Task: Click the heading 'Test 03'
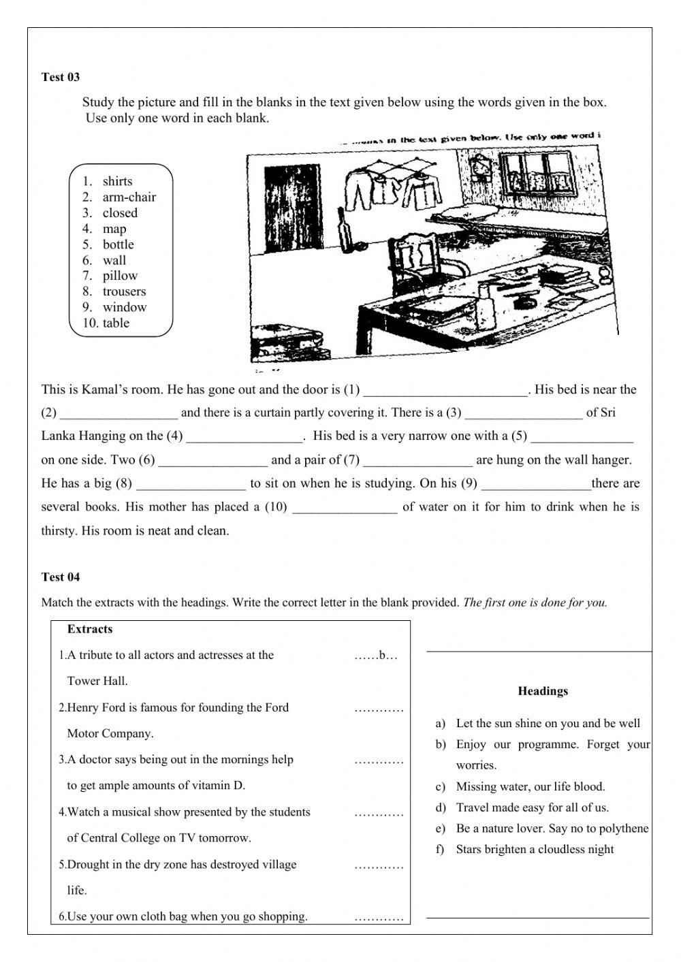pos(61,77)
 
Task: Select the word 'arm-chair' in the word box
pos(129,197)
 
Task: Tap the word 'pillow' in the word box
pos(120,276)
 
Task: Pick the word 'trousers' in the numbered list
pos(124,291)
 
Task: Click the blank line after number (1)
pos(445,391)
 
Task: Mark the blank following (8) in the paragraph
pos(191,484)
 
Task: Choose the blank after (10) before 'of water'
pos(345,508)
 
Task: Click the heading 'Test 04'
pos(61,577)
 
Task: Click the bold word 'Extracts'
pos(90,629)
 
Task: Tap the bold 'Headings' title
pos(543,691)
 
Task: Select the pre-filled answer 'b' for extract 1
pos(381,656)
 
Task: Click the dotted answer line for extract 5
pos(379,866)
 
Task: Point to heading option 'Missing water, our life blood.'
pos(530,786)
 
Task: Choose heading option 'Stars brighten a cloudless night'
pos(535,849)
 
